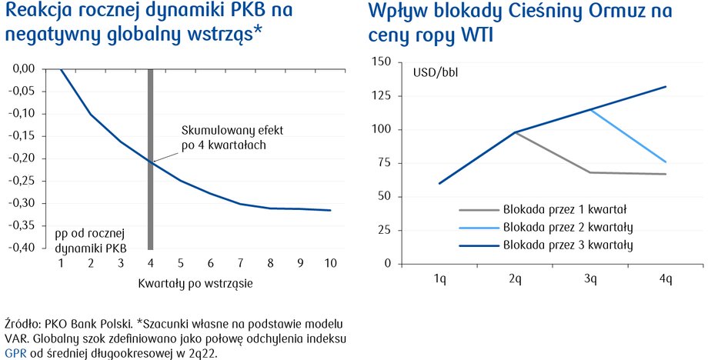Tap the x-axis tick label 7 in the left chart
coord(241,263)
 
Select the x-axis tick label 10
coord(330,263)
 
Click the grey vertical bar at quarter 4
coord(151,159)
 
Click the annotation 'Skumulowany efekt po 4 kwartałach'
coord(232,138)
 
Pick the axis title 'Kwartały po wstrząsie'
coord(195,284)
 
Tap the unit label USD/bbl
coord(436,72)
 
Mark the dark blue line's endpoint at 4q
coord(666,87)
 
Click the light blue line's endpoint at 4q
coord(666,162)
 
